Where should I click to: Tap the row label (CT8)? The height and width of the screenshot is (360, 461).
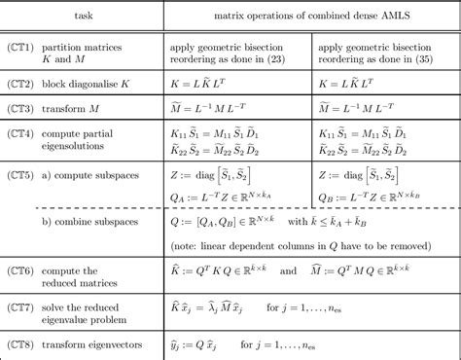(x=21, y=343)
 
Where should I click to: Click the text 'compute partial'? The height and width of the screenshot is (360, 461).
(x=85, y=126)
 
